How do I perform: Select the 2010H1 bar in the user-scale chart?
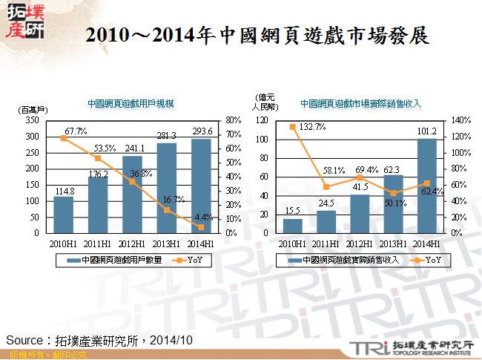click(63, 215)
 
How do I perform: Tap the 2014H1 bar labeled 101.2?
click(426, 186)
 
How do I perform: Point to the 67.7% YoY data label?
click(76, 131)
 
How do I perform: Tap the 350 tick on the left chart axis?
click(34, 120)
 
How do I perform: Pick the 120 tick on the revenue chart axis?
click(262, 120)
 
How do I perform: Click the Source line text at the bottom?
click(99, 339)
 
